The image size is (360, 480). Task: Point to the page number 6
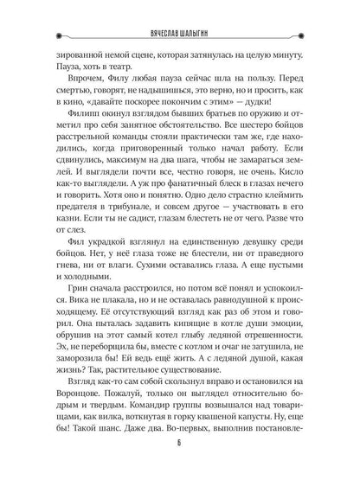coord(180,463)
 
